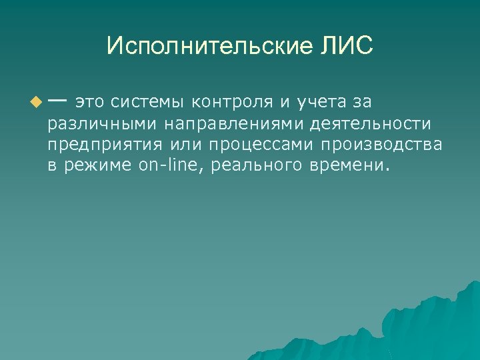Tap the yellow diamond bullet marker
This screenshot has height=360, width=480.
[x=35, y=103]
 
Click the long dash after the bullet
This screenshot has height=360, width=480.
[x=57, y=101]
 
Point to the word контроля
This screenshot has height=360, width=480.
[x=231, y=103]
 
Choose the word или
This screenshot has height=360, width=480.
[x=191, y=145]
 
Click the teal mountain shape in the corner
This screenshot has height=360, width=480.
[x=427, y=327]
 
